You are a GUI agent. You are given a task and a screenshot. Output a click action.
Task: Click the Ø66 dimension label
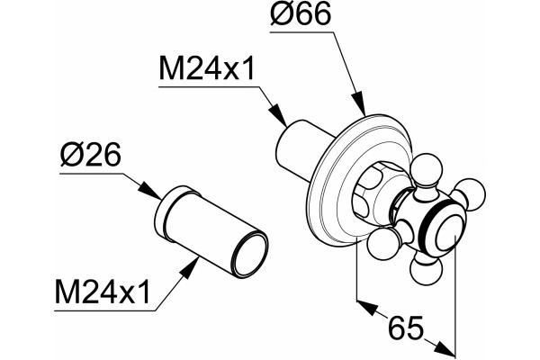[x=301, y=14]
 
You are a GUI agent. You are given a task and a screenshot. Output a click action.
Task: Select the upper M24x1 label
[x=207, y=69]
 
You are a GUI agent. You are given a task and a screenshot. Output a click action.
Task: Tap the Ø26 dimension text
[x=90, y=154]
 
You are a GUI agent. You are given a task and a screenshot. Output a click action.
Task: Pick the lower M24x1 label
[x=103, y=292]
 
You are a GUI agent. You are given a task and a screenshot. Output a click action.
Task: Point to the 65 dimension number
[x=405, y=328]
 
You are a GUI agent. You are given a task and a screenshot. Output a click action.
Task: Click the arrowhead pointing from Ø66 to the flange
[x=359, y=103]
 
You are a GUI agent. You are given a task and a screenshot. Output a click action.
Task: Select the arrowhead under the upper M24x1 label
[x=277, y=114]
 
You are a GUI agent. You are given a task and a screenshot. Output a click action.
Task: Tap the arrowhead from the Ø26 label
[x=149, y=191]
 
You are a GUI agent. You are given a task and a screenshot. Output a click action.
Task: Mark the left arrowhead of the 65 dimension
[x=367, y=308]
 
